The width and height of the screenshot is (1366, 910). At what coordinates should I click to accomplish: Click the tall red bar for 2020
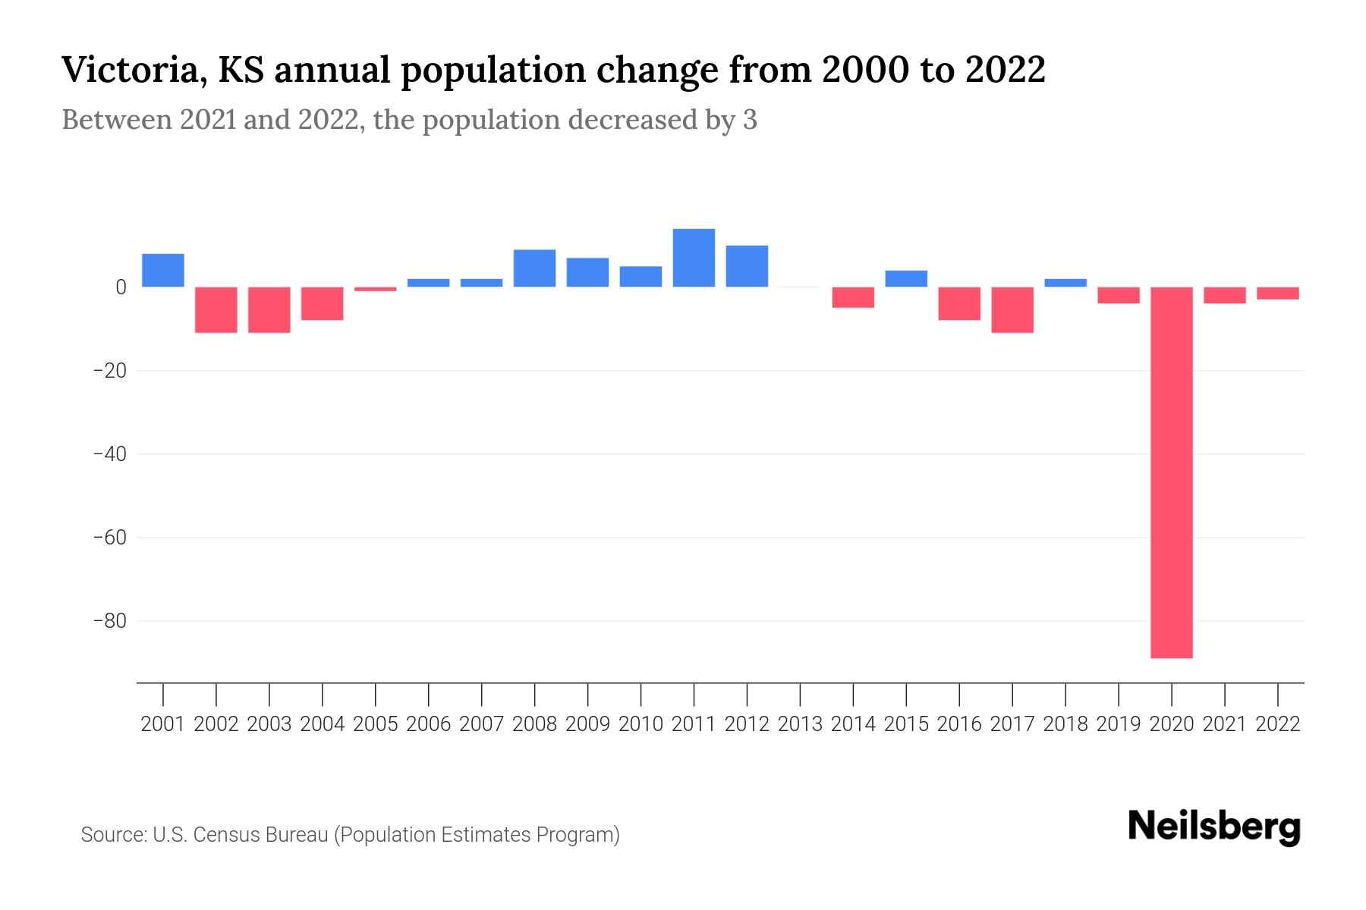1172,472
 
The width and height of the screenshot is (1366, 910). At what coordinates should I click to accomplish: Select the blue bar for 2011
694,258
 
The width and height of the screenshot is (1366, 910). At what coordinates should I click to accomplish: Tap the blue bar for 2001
163,270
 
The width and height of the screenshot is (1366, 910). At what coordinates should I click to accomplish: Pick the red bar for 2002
216,309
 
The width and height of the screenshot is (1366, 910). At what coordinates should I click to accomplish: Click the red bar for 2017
1012,309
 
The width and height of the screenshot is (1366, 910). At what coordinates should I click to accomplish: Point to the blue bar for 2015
906,278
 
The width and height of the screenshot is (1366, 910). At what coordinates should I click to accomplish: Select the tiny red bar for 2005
376,289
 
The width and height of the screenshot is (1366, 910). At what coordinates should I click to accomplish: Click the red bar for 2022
1278,293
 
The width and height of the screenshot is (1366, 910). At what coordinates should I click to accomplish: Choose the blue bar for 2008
535,268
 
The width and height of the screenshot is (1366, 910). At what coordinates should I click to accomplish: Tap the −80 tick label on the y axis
109,621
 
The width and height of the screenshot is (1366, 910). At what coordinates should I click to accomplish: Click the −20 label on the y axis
109,371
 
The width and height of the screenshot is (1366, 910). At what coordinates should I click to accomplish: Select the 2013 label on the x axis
800,724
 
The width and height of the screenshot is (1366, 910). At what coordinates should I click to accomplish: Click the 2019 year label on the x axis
1119,724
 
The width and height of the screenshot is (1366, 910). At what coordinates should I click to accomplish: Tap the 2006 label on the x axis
429,724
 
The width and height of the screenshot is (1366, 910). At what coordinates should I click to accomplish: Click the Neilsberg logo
1214,827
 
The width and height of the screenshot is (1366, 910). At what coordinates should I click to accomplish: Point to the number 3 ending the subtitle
750,121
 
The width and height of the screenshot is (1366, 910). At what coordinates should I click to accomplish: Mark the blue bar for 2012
747,266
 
